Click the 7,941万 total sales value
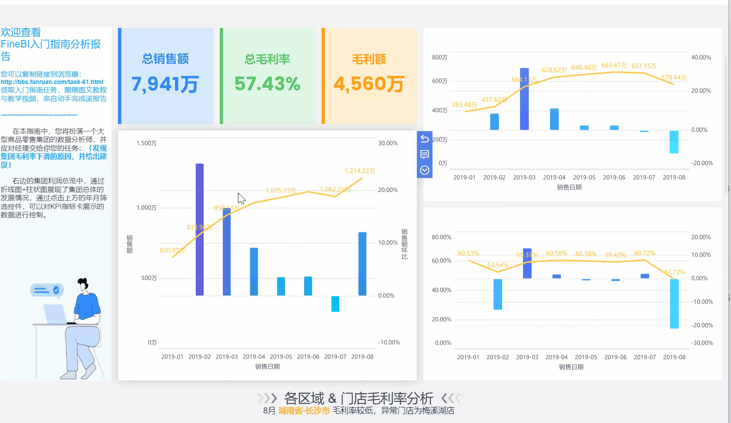point(165,84)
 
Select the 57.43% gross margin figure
point(267,84)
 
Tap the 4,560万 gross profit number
point(369,84)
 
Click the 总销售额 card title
point(165,59)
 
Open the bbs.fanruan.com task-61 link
point(52,82)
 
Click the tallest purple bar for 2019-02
point(200,229)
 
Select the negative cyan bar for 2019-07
point(335,304)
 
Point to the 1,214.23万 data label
point(359,171)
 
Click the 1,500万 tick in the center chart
point(146,143)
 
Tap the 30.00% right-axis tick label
point(388,143)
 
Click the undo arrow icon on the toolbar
point(425,139)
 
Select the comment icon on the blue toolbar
point(425,154)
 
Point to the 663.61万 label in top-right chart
point(614,65)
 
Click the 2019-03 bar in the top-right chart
point(524,99)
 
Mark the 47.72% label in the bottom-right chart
point(674,272)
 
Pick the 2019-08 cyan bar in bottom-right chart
point(674,303)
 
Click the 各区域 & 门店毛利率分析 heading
point(359,398)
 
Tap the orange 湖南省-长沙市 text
point(304,410)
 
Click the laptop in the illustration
point(54,313)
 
